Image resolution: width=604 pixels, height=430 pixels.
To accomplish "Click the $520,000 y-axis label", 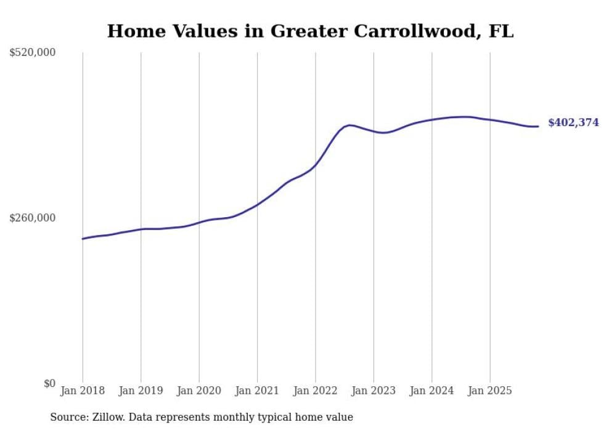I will (33, 53).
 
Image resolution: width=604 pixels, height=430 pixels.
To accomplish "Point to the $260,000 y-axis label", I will (33, 218).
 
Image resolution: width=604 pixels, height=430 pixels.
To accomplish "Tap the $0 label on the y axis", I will (49, 383).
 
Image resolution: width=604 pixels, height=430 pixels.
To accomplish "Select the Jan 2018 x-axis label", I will (83, 391).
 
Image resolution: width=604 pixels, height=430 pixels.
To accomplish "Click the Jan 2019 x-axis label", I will (141, 391).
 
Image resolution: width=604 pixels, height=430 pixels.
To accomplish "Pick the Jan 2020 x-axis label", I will (199, 391).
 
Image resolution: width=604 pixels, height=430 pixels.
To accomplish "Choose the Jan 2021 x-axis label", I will (257, 391).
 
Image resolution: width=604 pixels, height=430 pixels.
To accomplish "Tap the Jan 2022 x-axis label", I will (316, 391).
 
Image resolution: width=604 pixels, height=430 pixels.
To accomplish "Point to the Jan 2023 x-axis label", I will (373, 391).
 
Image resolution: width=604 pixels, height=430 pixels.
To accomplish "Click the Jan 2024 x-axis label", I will (431, 391).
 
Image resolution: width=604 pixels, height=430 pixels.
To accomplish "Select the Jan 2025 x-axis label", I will (490, 391).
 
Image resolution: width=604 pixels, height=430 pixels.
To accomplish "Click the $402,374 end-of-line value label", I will (573, 123).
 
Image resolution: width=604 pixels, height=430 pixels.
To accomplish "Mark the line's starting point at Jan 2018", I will (83, 239).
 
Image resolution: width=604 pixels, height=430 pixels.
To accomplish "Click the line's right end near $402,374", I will (538, 127).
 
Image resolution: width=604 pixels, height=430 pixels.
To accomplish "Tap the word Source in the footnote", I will (68, 417).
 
